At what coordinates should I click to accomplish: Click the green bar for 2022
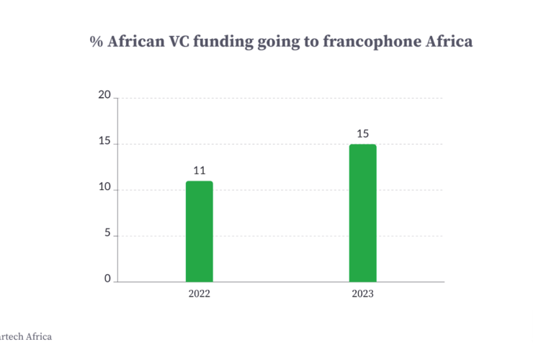coord(199,231)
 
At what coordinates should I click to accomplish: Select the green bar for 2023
coord(362,213)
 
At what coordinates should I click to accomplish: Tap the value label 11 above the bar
coord(200,171)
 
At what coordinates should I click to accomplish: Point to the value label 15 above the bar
coord(363,134)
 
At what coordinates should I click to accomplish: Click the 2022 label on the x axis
coord(200,294)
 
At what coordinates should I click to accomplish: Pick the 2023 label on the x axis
coord(363,294)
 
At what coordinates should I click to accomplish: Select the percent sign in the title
coord(96,42)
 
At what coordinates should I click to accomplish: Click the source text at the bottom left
coord(26,336)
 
